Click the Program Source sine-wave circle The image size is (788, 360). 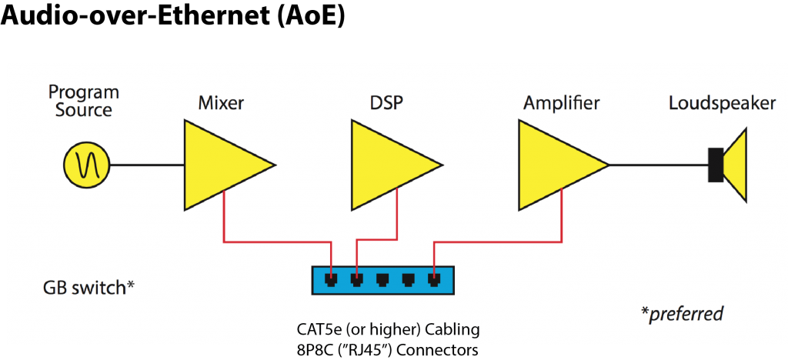(x=86, y=165)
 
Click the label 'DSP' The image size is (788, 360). (x=386, y=102)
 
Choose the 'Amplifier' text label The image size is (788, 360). (x=562, y=102)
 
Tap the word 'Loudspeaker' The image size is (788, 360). (x=722, y=102)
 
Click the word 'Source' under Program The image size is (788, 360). (x=84, y=110)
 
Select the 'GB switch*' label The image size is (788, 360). (x=89, y=288)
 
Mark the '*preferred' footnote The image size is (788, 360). (x=682, y=313)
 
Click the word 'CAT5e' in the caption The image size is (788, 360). (x=320, y=329)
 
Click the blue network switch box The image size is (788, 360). (x=382, y=280)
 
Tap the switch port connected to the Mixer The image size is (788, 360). (x=332, y=279)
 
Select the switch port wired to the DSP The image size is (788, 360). (x=356, y=279)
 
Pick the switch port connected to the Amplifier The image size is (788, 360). (x=434, y=279)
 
